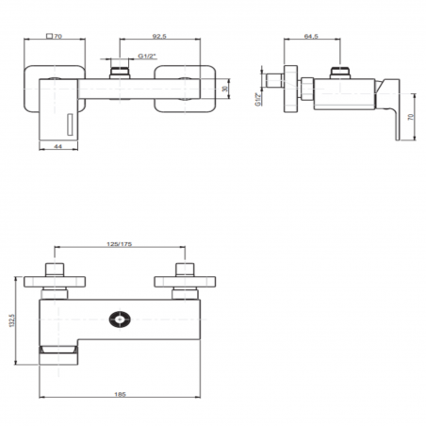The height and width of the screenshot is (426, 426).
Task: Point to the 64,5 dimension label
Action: (x=311, y=35)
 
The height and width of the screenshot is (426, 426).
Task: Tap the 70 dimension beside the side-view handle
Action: (x=413, y=121)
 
